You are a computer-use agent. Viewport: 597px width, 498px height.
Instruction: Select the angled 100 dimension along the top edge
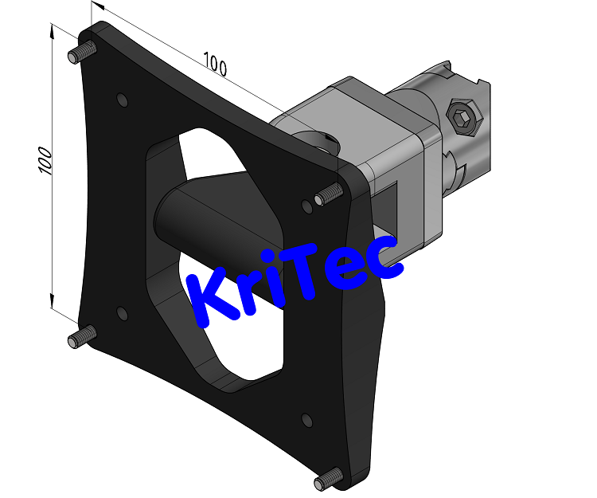(215, 64)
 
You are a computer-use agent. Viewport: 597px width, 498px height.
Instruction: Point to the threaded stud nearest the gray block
(327, 194)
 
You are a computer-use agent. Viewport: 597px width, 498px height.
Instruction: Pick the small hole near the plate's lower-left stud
(122, 313)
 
